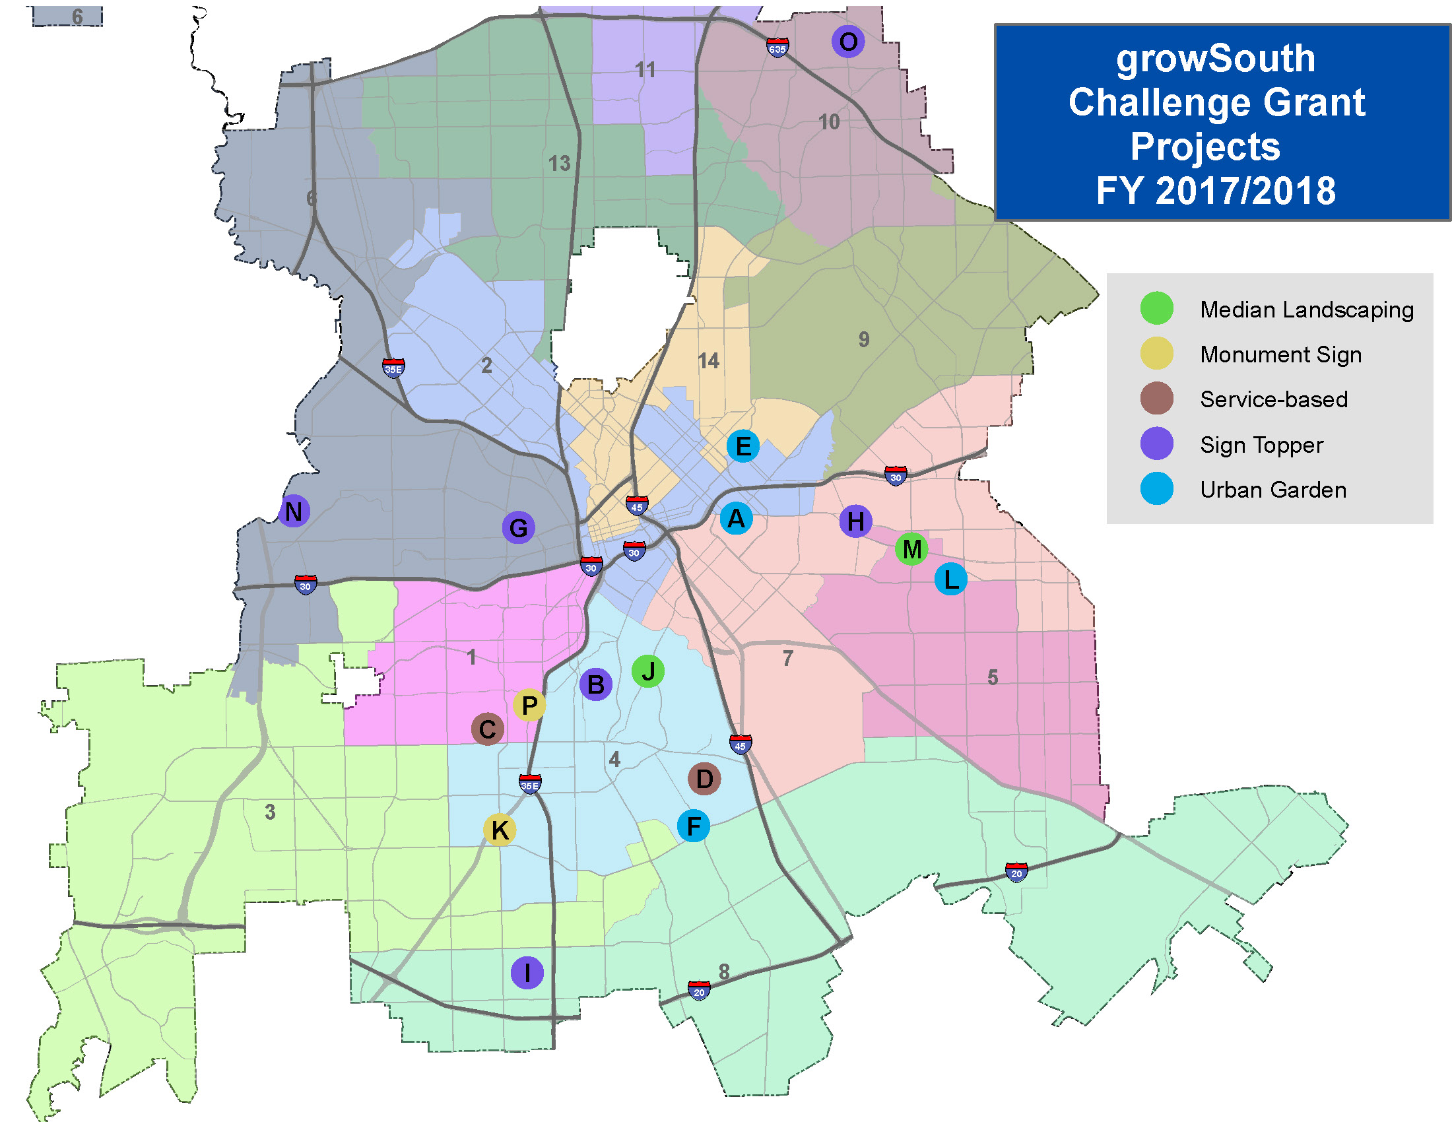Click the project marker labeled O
(847, 42)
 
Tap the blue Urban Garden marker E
(742, 446)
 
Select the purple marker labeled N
(293, 511)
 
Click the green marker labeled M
(911, 549)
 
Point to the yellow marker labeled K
(500, 830)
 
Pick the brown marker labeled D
(704, 778)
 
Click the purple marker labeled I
(527, 972)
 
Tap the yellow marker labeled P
(529, 705)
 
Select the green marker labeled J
(647, 671)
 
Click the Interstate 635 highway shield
(777, 48)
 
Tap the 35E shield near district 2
(393, 368)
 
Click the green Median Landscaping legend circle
(1156, 308)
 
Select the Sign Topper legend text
(1261, 445)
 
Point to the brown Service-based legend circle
(1156, 398)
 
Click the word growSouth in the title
(1215, 59)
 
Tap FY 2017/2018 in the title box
(1215, 191)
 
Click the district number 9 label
(864, 340)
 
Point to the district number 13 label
(559, 164)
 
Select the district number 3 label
(270, 812)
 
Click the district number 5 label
(993, 677)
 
